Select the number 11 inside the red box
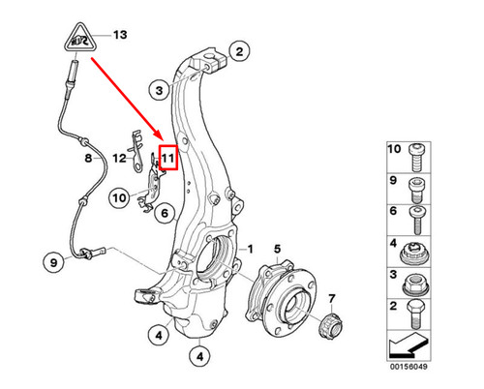pos(168,158)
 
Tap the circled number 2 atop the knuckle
pos(240,50)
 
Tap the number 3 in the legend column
pos(394,279)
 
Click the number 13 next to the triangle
pos(120,36)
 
